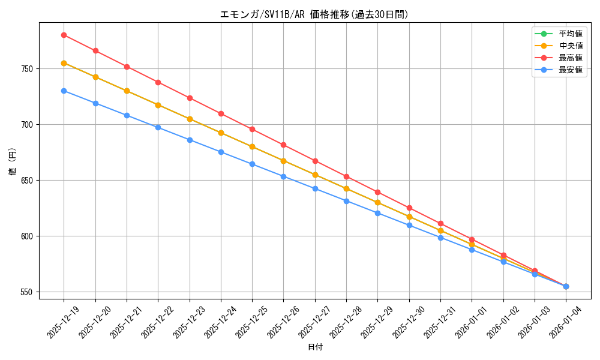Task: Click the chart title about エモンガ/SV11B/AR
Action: (x=315, y=14)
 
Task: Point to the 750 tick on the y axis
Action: (x=27, y=69)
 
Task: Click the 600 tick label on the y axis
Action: (x=27, y=236)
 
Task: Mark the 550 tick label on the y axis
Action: (x=27, y=292)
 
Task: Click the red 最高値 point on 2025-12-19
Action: (x=64, y=35)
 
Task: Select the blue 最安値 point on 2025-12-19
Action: (x=64, y=91)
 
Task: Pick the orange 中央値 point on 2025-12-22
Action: (x=158, y=105)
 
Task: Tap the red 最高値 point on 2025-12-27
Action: (x=315, y=161)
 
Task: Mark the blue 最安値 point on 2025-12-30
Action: (x=409, y=225)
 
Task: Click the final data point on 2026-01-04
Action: (x=566, y=286)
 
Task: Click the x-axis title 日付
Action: (x=315, y=347)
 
